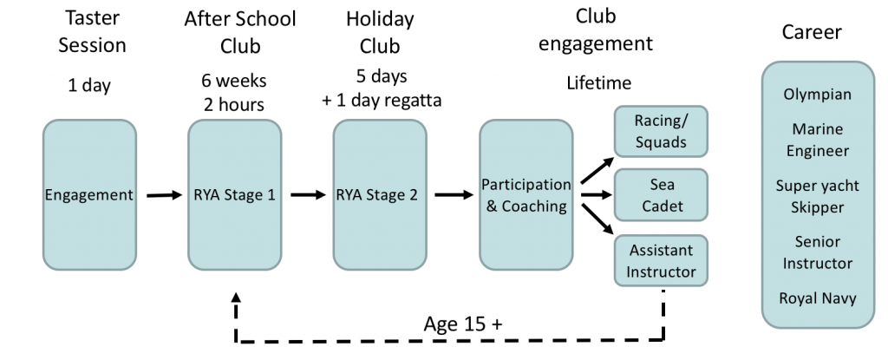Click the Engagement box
[x=89, y=194]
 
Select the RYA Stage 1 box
[x=234, y=194]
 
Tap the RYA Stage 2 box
[x=379, y=194]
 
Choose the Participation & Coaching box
[x=526, y=194]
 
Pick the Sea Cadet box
[x=661, y=194]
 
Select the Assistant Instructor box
[x=661, y=260]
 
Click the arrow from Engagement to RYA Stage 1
[x=161, y=195]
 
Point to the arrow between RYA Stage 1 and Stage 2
[x=306, y=195]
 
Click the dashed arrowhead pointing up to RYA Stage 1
[x=236, y=298]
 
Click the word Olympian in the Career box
[x=816, y=95]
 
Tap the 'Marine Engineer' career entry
[x=816, y=140]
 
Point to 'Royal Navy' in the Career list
[x=816, y=298]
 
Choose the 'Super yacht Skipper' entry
[x=816, y=196]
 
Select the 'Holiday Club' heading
[x=379, y=31]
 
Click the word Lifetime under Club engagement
[x=598, y=83]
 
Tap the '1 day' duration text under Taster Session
[x=89, y=85]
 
